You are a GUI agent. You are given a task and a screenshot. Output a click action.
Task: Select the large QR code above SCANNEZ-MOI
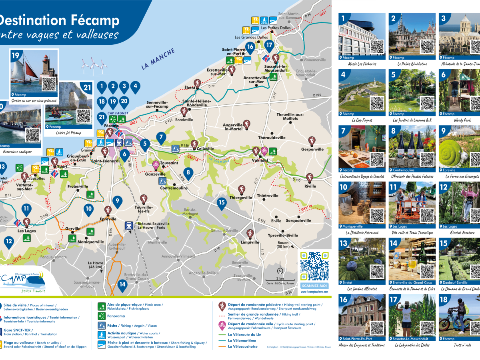coord(315,266)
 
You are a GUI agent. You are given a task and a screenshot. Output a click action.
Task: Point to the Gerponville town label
coord(312,149)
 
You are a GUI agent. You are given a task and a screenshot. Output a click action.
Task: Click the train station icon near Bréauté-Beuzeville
coord(129,226)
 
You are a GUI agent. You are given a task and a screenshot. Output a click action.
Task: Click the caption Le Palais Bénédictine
coord(412,64)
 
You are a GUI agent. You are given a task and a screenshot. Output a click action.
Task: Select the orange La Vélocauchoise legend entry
coord(243,346)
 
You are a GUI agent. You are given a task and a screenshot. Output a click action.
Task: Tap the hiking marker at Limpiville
coord(250,233)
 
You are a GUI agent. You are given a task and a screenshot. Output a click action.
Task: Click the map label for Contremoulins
coord(174,188)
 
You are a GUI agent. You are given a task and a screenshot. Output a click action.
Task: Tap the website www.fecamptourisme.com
coord(315,292)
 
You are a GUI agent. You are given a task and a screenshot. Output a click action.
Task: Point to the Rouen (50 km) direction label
coord(283,244)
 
